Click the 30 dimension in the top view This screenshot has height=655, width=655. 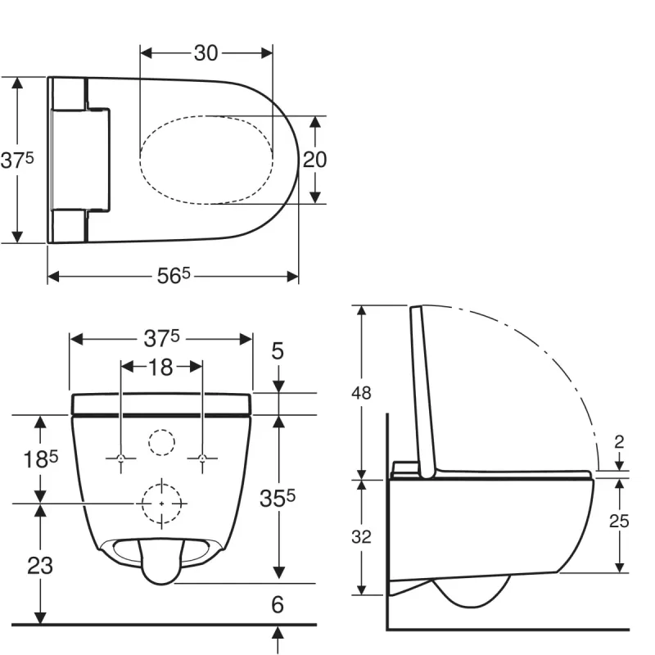(206, 53)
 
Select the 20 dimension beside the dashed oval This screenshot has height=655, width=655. (314, 160)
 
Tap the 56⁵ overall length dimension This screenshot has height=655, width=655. (174, 276)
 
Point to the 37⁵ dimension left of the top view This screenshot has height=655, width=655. (16, 160)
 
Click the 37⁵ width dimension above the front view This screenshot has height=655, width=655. (161, 338)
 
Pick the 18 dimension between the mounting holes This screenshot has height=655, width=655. (160, 367)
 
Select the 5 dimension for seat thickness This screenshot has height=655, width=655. (278, 351)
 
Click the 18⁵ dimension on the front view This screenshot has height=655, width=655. (40, 459)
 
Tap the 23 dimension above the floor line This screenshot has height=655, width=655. (40, 566)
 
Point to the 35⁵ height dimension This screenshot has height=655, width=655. (278, 498)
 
